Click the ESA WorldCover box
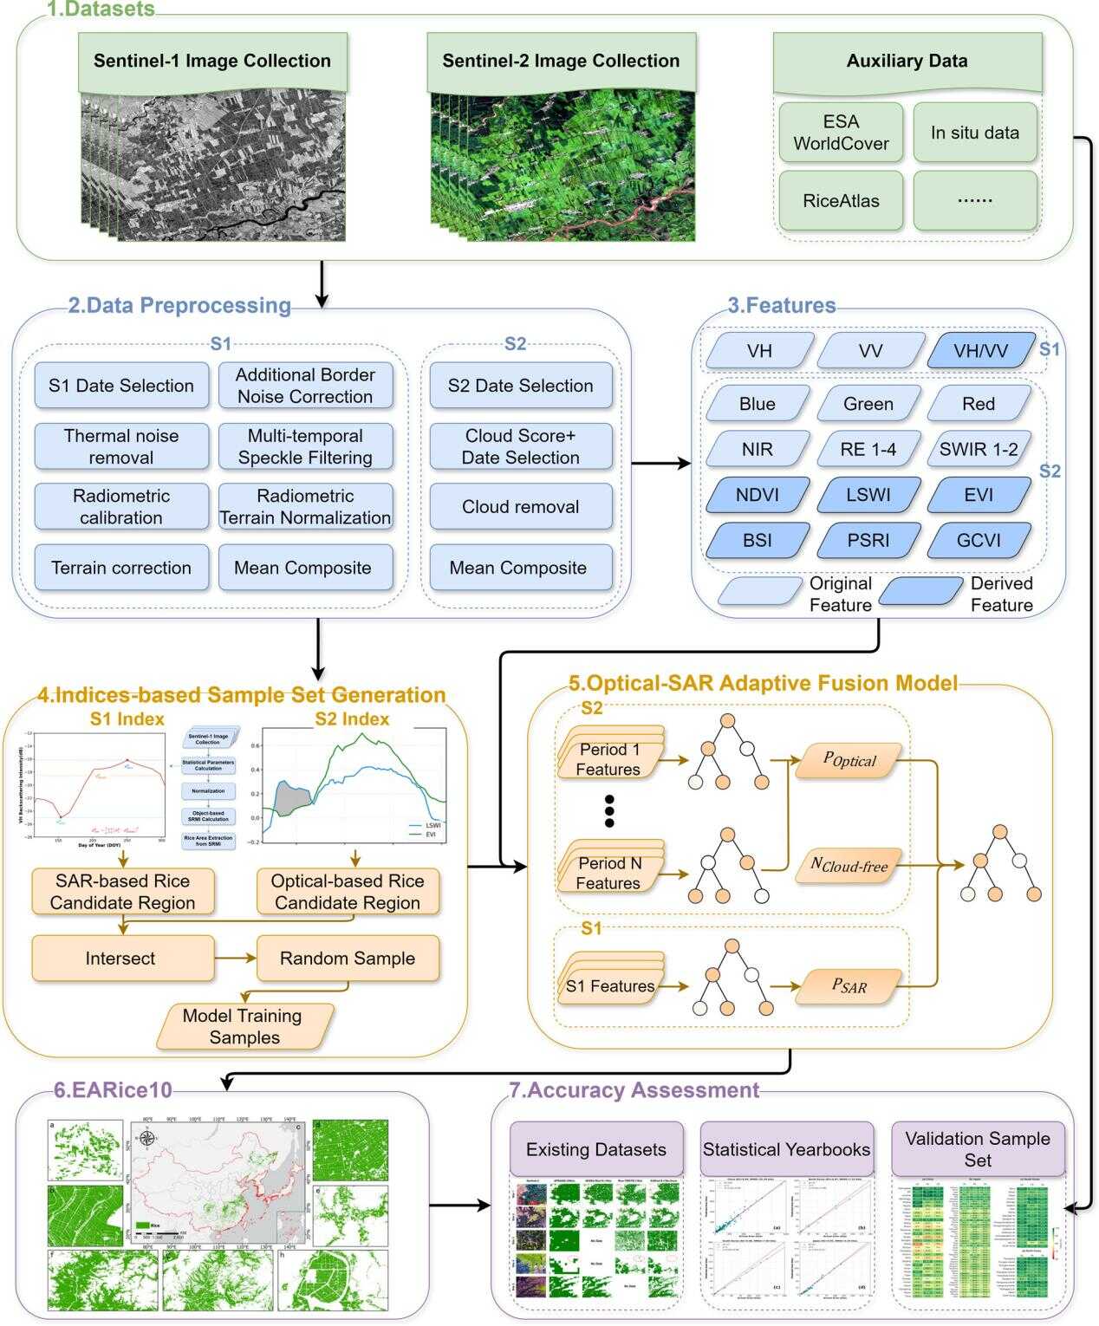click(x=841, y=133)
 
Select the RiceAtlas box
click(x=841, y=200)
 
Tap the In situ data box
click(x=975, y=133)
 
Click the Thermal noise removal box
click(x=121, y=446)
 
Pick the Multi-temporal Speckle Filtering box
click(x=305, y=446)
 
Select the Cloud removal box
click(x=520, y=507)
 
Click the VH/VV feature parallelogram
click(x=980, y=351)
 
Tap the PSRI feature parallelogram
click(x=868, y=540)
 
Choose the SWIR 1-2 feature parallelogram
click(x=979, y=449)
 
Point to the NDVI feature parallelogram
click(x=758, y=495)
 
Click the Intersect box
click(x=121, y=958)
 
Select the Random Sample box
click(x=348, y=958)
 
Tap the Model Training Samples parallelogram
click(x=244, y=1026)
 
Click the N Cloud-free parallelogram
click(x=849, y=864)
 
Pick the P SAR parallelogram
click(x=849, y=985)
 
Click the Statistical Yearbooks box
click(x=786, y=1149)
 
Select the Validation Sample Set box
click(x=978, y=1149)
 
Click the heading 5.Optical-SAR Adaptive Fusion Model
click(x=763, y=683)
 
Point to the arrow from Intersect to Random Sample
click(x=235, y=958)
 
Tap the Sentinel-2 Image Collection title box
click(x=561, y=61)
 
